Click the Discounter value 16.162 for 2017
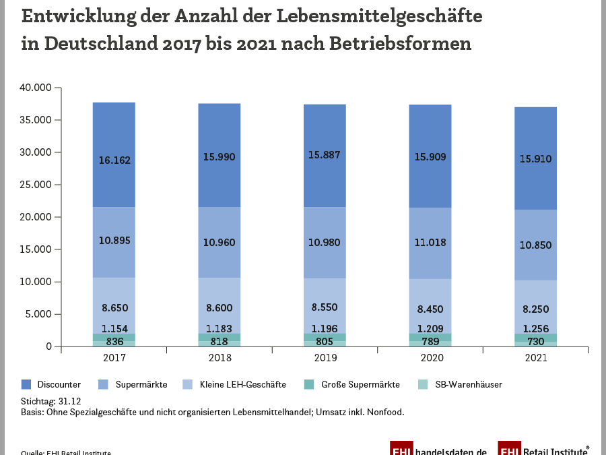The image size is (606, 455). pos(114,160)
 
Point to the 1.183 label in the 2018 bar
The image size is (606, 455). pos(219,329)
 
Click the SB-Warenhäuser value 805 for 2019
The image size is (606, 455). pos(325,341)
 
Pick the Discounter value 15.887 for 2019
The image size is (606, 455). pos(325,155)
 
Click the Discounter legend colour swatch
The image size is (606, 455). pos(26,385)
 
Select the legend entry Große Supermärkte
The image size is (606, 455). pos(361,385)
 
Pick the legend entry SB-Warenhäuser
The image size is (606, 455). pos(467,385)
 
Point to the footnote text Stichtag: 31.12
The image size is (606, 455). pos(50,401)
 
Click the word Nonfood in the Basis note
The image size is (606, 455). pos(386,412)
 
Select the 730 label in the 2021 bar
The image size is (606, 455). pos(535,342)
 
